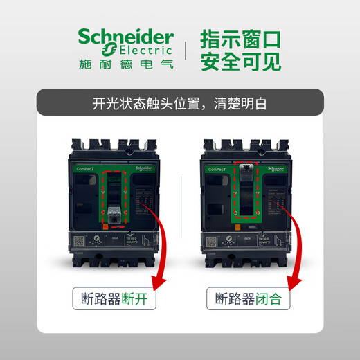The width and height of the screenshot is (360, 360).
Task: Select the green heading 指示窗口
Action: [x=241, y=38]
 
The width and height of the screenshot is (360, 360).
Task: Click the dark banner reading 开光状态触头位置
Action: [x=179, y=106]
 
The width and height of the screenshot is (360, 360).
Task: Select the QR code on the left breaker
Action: [x=78, y=242]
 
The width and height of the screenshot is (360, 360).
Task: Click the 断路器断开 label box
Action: [x=114, y=300]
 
